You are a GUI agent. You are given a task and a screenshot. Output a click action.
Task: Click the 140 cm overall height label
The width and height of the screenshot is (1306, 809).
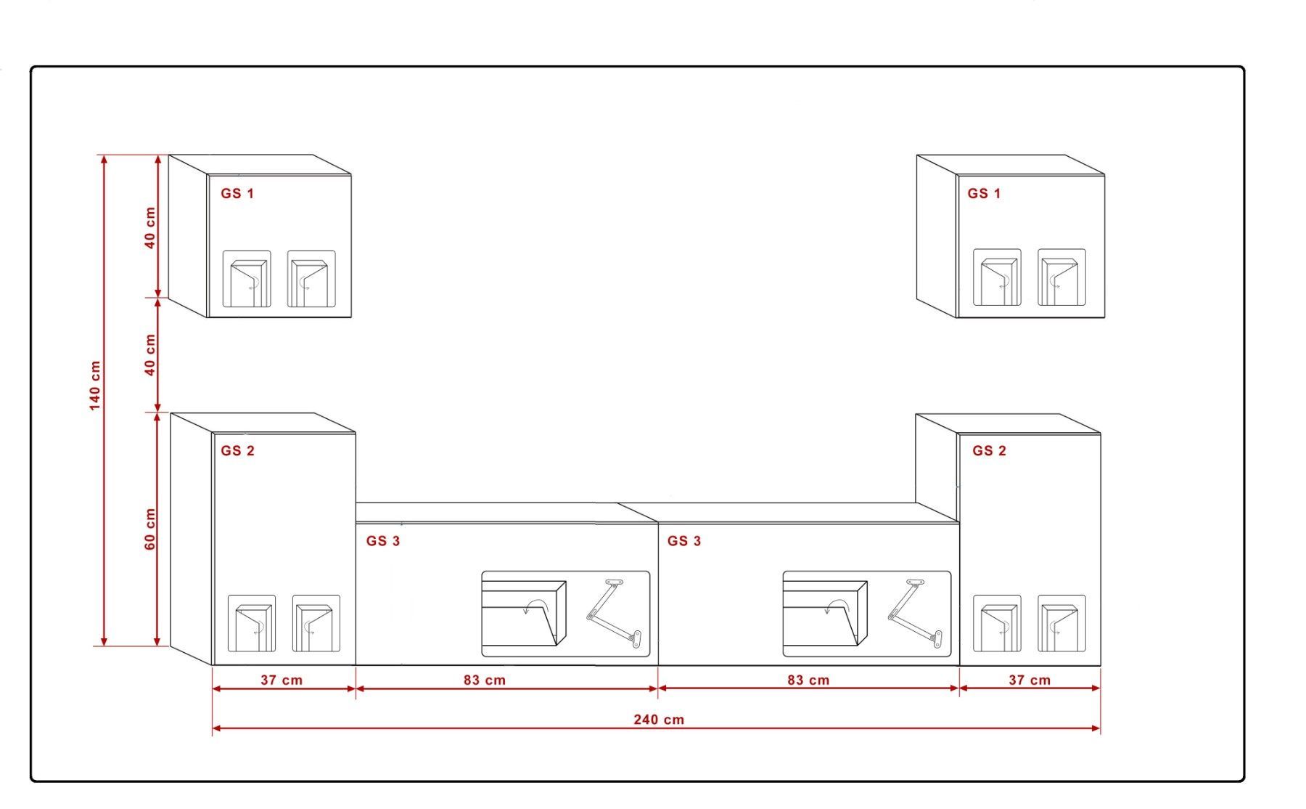pos(96,386)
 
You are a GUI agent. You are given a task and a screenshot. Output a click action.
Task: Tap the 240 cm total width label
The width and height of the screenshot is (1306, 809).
pos(659,720)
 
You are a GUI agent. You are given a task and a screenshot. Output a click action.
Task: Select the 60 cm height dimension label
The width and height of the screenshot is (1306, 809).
pos(150,529)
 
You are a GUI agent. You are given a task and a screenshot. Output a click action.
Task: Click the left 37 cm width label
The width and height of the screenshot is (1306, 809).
pos(282,680)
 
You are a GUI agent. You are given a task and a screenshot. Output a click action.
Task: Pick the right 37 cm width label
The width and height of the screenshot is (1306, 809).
pos(1030,680)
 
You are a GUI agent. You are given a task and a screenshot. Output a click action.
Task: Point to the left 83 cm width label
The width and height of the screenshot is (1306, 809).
pos(485,680)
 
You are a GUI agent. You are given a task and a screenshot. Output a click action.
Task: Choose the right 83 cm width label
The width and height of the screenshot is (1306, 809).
pos(808,680)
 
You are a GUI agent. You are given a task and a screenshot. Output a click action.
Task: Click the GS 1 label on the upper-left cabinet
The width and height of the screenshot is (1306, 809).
pos(238,194)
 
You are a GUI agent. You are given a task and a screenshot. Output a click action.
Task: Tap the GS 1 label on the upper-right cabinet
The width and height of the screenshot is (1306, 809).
pos(984,194)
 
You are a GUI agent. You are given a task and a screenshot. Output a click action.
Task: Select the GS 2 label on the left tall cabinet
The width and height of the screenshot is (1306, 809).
pos(238,451)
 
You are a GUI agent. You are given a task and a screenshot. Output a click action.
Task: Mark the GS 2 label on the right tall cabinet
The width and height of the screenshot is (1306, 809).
pos(990,451)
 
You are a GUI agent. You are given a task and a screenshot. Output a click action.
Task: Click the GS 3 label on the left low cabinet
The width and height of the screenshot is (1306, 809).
pos(383,541)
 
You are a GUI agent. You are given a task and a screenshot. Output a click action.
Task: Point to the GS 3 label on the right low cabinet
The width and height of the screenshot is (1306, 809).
pos(684,541)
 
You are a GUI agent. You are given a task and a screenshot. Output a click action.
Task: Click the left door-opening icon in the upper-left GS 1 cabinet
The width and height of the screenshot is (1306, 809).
pos(247,280)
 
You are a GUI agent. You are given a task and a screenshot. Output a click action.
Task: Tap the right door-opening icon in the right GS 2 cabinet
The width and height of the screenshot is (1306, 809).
pos(1061,623)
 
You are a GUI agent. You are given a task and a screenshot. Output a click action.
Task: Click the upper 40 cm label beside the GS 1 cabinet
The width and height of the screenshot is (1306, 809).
pos(150,227)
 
